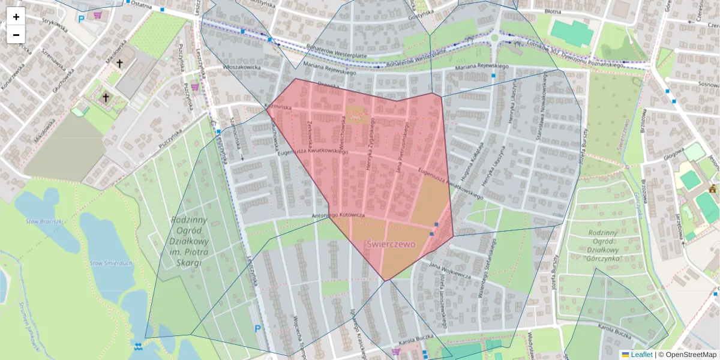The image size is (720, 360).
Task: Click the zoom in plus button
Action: tap(16, 17)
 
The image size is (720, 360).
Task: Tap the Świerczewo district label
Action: tap(391, 244)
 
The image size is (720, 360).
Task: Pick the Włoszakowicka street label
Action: tap(242, 68)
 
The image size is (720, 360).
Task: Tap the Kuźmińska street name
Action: tap(278, 106)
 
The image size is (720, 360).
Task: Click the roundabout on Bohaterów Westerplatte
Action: tap(495, 38)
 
